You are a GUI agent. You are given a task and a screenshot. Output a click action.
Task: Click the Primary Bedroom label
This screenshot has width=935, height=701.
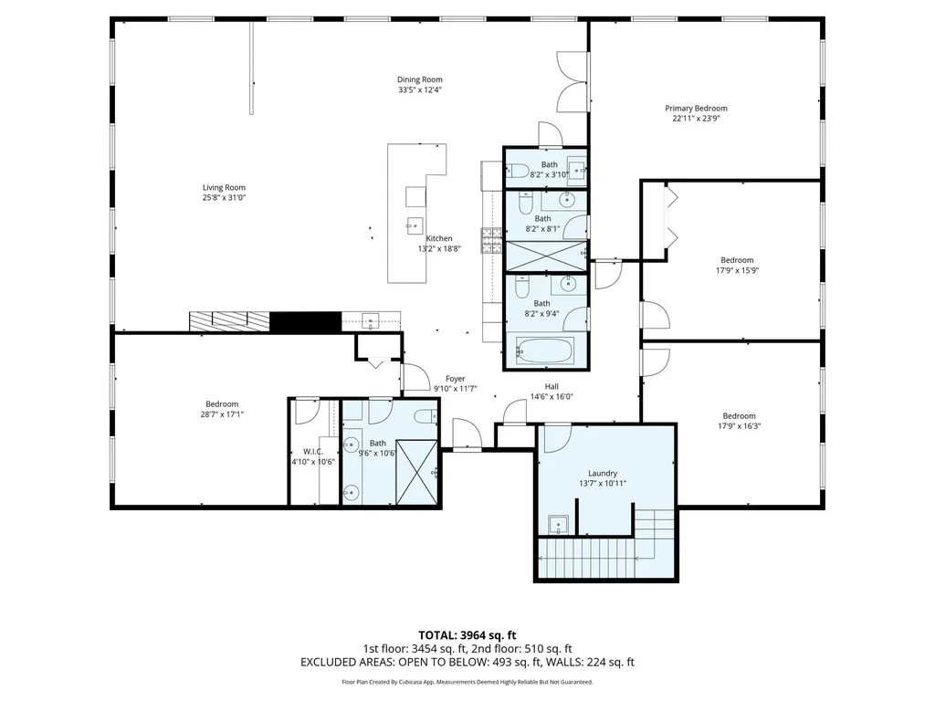pyautogui.click(x=696, y=108)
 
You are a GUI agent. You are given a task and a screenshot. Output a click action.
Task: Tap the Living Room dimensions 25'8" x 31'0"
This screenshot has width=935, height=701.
pyautogui.click(x=224, y=197)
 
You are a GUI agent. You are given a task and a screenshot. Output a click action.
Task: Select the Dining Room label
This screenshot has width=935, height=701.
pyautogui.click(x=420, y=79)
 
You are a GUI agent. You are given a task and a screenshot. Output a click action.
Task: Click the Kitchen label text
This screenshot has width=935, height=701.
pyautogui.click(x=439, y=238)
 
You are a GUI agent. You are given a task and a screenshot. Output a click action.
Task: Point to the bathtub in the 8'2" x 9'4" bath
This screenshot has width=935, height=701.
pyautogui.click(x=544, y=350)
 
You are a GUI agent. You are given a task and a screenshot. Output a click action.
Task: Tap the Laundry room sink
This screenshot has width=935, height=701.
pyautogui.click(x=558, y=525)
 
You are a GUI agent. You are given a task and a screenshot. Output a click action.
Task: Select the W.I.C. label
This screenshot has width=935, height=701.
pyautogui.click(x=312, y=451)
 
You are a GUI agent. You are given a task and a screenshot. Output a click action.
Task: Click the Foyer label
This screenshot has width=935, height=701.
pyautogui.click(x=455, y=379)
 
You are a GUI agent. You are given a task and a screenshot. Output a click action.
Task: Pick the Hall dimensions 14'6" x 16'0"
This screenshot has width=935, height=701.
pyautogui.click(x=552, y=396)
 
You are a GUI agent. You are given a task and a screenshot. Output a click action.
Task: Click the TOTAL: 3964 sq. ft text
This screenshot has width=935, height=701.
pyautogui.click(x=467, y=635)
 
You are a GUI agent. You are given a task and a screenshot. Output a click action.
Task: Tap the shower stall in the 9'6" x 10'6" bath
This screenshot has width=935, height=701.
pyautogui.click(x=416, y=472)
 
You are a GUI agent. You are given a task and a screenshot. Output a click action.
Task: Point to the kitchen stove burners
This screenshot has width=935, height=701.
pyautogui.click(x=492, y=240)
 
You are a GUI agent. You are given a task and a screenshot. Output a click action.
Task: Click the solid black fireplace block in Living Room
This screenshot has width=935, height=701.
pyautogui.click(x=305, y=322)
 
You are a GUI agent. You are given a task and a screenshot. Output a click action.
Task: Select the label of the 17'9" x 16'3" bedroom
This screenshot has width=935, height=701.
pyautogui.click(x=739, y=416)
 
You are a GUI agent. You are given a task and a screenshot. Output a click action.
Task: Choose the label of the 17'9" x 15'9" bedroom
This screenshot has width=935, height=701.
pyautogui.click(x=737, y=260)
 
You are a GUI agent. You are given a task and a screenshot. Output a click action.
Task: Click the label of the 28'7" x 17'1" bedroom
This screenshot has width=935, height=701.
pyautogui.click(x=222, y=404)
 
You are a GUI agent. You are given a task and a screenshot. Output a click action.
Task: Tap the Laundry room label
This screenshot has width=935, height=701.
pyautogui.click(x=603, y=474)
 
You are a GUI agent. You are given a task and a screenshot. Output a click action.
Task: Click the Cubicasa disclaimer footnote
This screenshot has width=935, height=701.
pyautogui.click(x=467, y=682)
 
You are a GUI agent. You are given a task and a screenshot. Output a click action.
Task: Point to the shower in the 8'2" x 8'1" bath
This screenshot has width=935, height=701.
pyautogui.click(x=546, y=256)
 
